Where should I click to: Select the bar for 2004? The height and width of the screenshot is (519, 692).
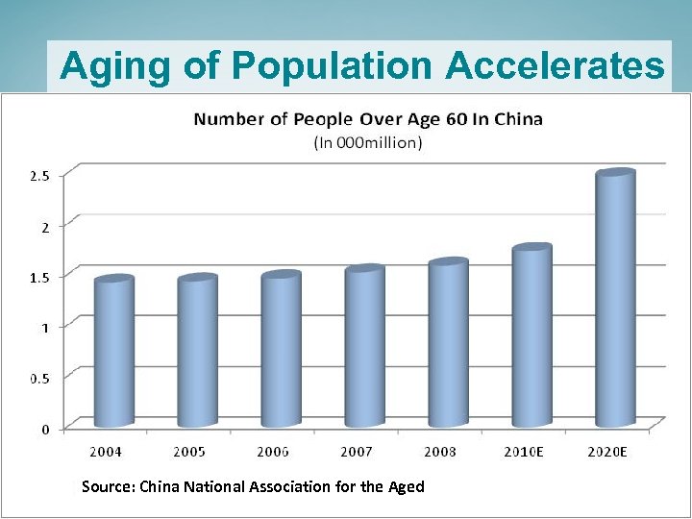coord(113,352)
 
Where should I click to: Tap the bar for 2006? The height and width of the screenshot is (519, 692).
coord(281,350)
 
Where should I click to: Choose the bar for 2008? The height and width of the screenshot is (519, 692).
coord(448,343)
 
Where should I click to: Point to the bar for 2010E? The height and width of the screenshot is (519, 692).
coord(531,336)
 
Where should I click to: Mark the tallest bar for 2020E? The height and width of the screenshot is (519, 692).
coord(615,300)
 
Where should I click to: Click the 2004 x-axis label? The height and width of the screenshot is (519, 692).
coord(106,451)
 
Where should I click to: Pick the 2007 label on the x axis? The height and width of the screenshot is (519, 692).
coord(357,451)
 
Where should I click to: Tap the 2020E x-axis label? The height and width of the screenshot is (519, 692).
coord(608,451)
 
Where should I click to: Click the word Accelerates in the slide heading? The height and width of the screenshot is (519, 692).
coord(555,65)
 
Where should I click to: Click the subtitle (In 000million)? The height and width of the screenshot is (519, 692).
coord(368,142)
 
